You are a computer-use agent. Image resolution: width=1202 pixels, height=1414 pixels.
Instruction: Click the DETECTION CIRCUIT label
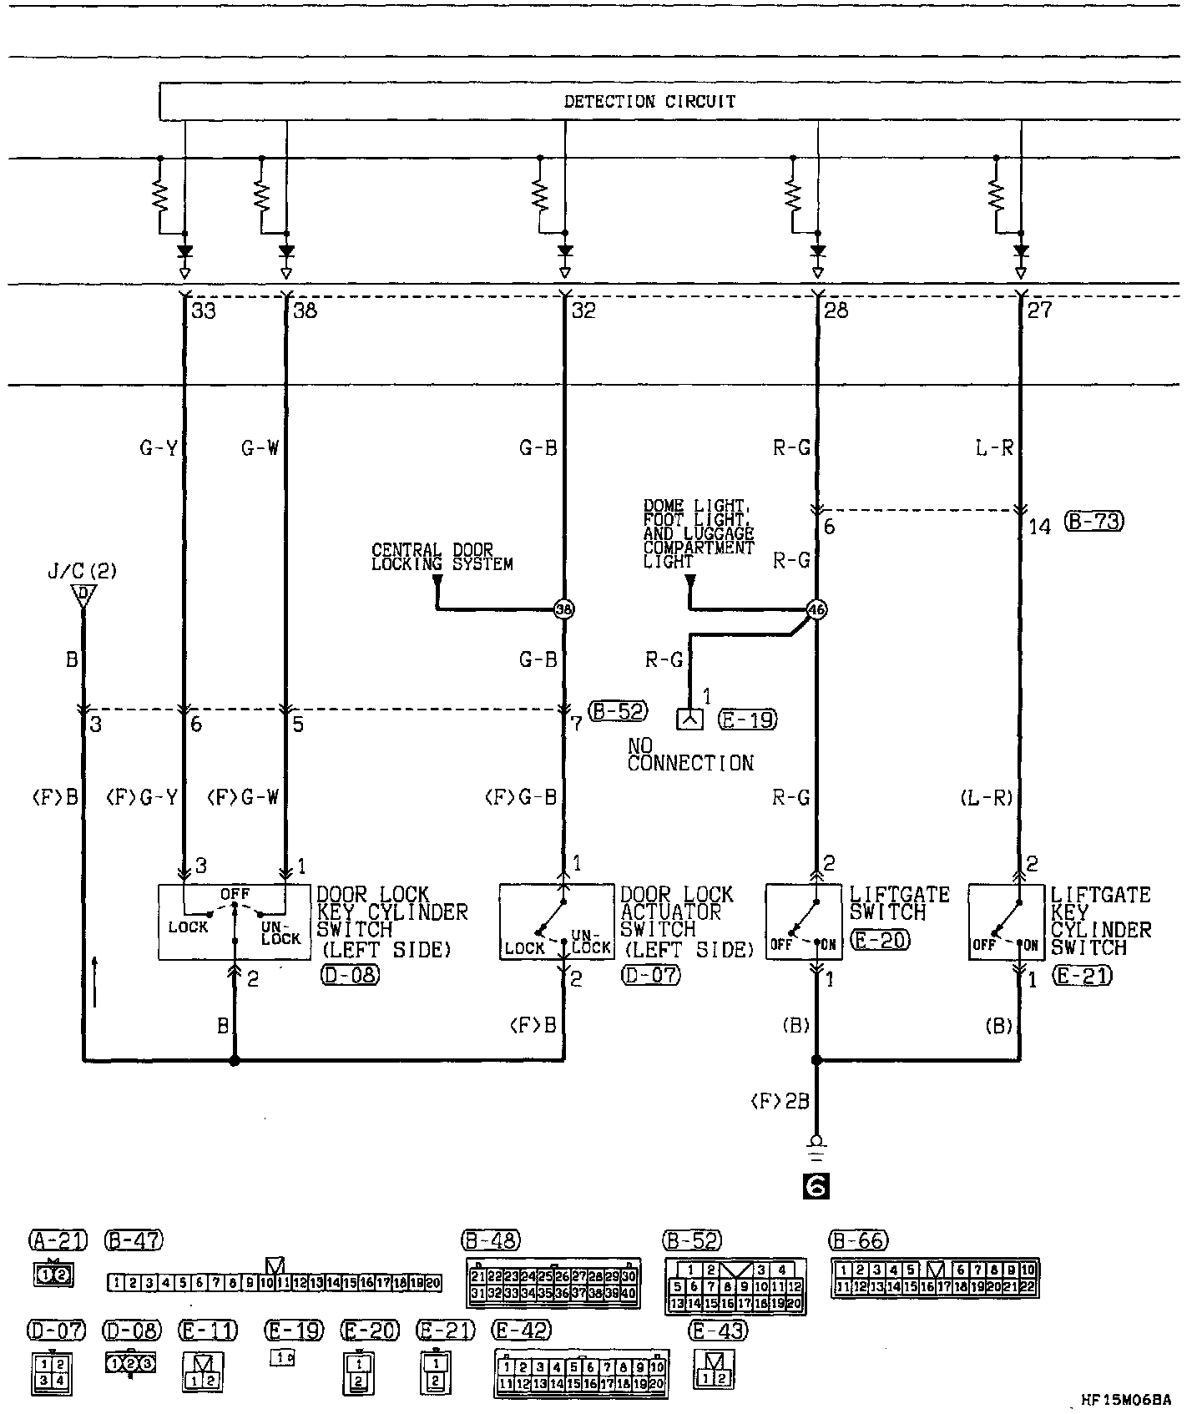[649, 102]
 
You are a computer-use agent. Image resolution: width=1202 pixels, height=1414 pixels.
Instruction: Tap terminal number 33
[204, 311]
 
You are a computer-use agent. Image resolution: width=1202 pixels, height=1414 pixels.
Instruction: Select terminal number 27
[1040, 311]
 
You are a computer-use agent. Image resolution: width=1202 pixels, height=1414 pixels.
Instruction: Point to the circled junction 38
[565, 609]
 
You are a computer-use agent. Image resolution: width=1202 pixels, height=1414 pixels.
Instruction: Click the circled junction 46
[816, 610]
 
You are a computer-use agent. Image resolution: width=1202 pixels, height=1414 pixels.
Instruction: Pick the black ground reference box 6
[816, 1186]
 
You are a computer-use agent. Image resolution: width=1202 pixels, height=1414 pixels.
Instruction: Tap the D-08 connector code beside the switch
[349, 975]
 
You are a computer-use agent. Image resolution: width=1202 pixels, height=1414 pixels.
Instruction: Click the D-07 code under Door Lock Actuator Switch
[650, 975]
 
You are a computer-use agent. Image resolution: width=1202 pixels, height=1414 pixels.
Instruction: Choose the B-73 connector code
[1094, 522]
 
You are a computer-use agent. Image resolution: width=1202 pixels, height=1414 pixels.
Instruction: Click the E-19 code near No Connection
[748, 720]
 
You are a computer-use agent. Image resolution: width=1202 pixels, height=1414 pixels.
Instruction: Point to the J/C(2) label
[82, 572]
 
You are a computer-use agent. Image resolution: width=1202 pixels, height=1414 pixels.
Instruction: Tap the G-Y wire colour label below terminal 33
[159, 448]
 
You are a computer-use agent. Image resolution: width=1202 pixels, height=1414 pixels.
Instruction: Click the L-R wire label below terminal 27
[994, 448]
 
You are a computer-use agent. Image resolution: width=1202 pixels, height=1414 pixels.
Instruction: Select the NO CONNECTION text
[690, 755]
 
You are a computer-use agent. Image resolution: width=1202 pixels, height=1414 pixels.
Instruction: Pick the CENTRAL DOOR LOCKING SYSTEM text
[442, 558]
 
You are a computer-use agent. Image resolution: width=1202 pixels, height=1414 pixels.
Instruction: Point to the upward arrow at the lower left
[96, 982]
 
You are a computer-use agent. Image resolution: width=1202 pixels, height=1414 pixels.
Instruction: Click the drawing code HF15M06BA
[1125, 1400]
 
